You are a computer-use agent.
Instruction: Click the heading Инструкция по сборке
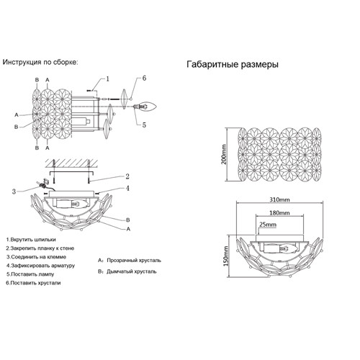point(40,62)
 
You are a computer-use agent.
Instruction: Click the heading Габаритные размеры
point(233,65)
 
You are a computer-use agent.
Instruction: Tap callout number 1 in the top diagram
point(107,78)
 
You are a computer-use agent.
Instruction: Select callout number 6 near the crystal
point(144,78)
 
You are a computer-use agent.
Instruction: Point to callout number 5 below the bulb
point(144,125)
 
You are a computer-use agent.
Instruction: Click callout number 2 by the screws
point(127,176)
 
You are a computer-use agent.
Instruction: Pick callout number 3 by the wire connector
point(14,192)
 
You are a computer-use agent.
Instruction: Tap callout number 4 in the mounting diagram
point(127,189)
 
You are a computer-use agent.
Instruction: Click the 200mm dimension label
point(224,154)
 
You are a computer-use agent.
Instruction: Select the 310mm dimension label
point(279,199)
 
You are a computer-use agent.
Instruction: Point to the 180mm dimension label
point(279,212)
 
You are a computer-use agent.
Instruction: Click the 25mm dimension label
point(268,225)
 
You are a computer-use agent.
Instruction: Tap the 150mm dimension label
point(226,256)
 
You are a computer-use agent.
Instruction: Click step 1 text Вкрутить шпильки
point(31,240)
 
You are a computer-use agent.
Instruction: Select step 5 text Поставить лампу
point(30,274)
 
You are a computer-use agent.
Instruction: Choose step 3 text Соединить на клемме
point(36,257)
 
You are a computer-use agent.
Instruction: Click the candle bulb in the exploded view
point(148,106)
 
